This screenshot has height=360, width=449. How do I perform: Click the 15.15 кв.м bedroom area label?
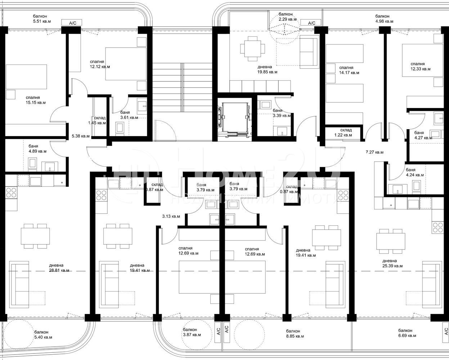coord(36,100)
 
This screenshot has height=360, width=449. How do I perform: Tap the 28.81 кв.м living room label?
coord(59,268)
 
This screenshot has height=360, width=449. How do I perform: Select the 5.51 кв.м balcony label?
coord(42,19)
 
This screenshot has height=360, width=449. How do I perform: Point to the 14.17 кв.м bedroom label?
coord(349,70)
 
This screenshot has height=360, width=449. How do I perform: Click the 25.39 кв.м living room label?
coord(392,264)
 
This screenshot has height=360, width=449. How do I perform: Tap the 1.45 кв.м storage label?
coord(97,120)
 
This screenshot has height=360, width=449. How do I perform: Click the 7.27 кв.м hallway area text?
coord(374,152)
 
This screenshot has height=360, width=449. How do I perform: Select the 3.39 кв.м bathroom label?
coord(282,113)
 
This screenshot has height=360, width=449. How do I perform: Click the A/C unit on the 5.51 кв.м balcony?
coord(72,23)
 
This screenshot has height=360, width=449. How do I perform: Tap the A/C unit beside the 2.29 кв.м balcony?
coord(312,23)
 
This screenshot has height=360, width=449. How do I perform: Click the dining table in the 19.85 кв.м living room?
coord(252,49)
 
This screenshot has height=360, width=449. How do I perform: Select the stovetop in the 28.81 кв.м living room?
coord(11,193)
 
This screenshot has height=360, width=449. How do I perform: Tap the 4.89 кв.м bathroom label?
coord(37,149)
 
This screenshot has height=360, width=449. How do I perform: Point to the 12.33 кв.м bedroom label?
coord(421,66)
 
